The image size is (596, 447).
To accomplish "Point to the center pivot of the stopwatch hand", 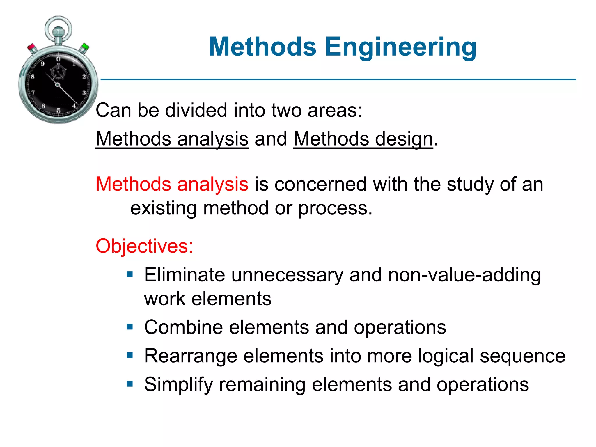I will (57, 85).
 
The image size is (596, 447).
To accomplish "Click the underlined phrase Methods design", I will (363, 139).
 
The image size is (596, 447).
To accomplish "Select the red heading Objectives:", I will (144, 246).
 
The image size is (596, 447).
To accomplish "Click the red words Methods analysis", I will (172, 184).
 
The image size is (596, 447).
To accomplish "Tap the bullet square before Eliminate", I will (130, 274).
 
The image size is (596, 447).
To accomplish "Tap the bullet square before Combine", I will (130, 327).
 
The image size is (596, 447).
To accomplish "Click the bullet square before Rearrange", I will (130, 355).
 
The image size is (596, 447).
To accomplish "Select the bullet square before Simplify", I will (130, 384).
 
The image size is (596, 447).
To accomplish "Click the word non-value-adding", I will (464, 275).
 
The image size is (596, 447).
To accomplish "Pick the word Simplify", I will (178, 385).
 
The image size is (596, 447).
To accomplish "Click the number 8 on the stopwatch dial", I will (33, 77).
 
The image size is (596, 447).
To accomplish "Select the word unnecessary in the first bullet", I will (287, 275).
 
